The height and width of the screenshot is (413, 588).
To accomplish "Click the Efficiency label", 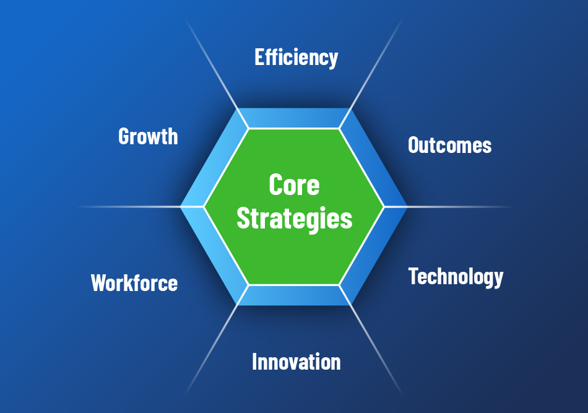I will pyautogui.click(x=296, y=57).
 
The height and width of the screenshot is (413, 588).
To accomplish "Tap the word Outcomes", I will pyautogui.click(x=449, y=145).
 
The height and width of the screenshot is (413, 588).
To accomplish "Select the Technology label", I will pyautogui.click(x=456, y=276).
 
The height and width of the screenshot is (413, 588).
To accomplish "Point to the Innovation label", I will pyautogui.click(x=296, y=361).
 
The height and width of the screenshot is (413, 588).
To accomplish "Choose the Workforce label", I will pyautogui.click(x=134, y=283).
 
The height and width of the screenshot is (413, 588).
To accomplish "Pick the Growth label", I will pyautogui.click(x=148, y=136).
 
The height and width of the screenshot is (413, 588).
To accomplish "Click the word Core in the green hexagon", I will pyautogui.click(x=294, y=185).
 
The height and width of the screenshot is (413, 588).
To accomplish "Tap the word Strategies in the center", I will pyautogui.click(x=295, y=219).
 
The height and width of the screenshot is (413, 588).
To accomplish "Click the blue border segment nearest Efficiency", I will pyautogui.click(x=294, y=118).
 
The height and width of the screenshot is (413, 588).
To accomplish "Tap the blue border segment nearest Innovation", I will pyautogui.click(x=294, y=295).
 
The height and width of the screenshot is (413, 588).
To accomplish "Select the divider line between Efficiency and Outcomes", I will pyautogui.click(x=376, y=65).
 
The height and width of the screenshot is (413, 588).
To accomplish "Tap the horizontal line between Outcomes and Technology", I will pyautogui.click(x=458, y=206).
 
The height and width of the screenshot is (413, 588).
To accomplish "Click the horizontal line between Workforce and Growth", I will pyautogui.click(x=130, y=206).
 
